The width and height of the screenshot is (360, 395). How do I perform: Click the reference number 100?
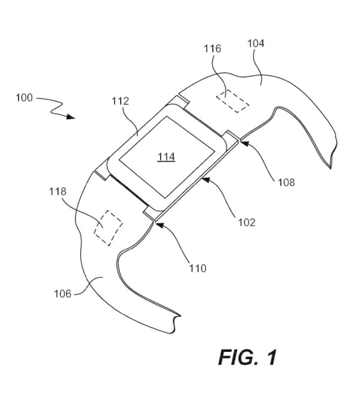point(25,98)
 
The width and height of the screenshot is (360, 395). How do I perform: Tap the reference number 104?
point(256,43)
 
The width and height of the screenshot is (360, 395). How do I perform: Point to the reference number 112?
point(120,101)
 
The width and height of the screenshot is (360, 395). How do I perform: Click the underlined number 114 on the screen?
point(166,157)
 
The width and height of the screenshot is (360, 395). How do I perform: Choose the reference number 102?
point(245,222)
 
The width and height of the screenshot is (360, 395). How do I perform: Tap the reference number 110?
point(197,268)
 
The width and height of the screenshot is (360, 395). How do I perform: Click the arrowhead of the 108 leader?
point(242,142)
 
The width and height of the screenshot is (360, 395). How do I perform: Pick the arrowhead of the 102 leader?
point(203,178)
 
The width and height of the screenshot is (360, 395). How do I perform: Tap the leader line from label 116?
point(220,72)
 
